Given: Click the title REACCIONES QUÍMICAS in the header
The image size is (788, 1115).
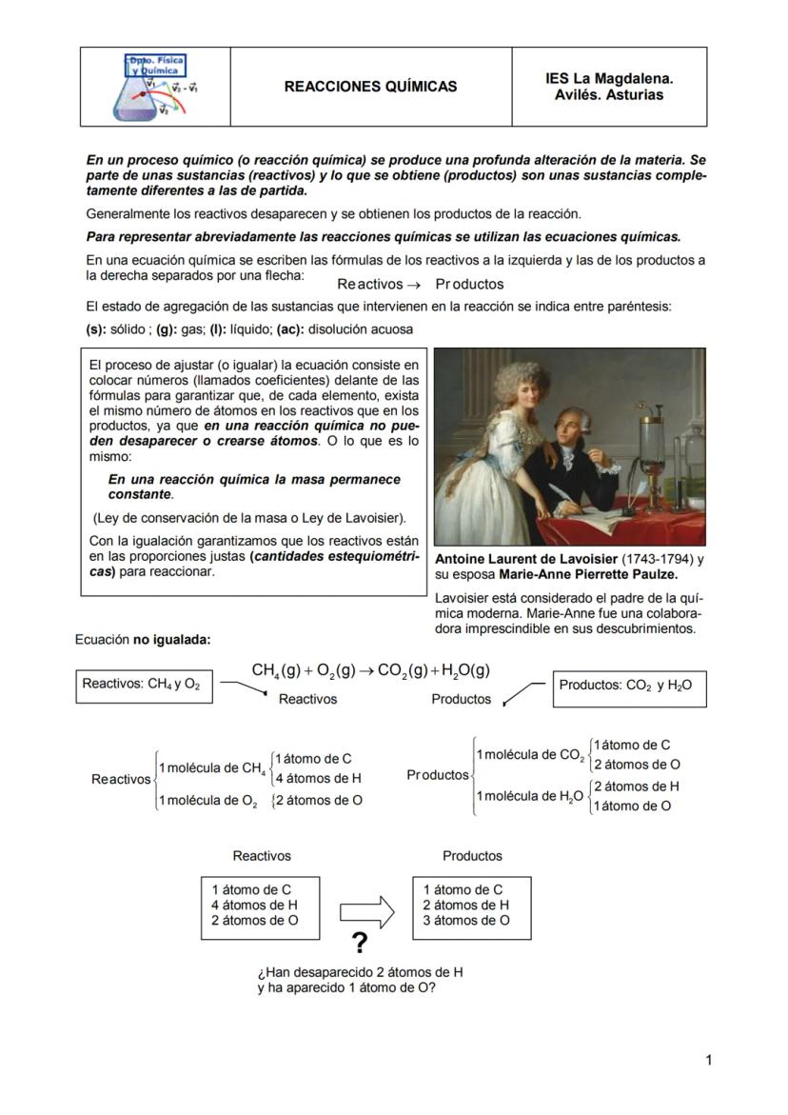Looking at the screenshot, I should (x=370, y=87).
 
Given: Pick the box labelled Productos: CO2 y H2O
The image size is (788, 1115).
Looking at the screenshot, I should (x=629, y=686).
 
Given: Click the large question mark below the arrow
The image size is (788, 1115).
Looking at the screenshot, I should (x=359, y=944).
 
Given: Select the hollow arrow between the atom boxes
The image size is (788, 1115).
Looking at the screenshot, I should (x=366, y=911).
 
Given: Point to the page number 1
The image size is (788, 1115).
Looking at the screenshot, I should (x=708, y=1060).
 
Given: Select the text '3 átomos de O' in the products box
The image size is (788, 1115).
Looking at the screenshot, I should (x=465, y=921).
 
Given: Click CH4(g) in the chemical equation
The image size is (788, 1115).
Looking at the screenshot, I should (x=277, y=670).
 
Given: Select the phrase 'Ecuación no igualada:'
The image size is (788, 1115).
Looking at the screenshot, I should (x=142, y=640).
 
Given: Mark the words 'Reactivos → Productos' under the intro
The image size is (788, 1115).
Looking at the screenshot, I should (x=420, y=284).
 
